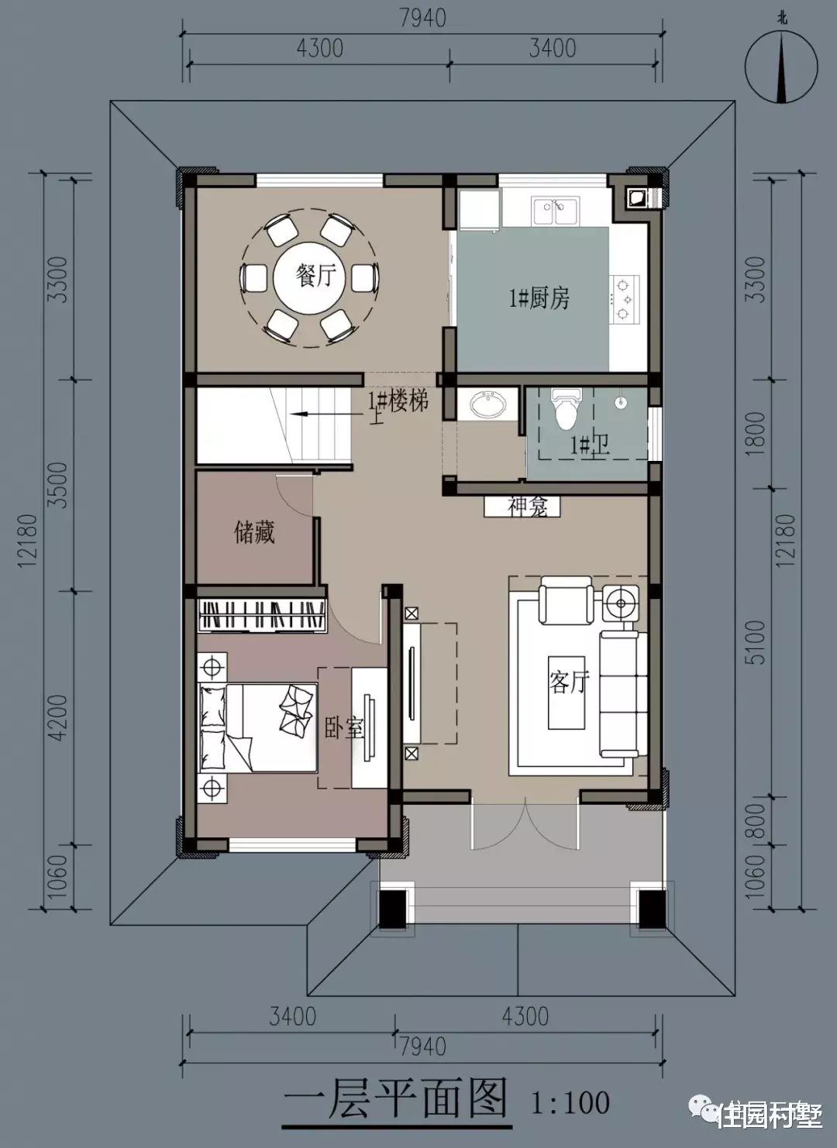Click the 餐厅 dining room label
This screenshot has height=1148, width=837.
tap(315, 276)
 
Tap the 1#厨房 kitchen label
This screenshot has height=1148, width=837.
tap(539, 298)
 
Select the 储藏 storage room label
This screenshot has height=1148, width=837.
tap(254, 533)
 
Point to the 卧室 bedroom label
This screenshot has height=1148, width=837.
tap(343, 728)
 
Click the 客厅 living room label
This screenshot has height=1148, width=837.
tap(570, 681)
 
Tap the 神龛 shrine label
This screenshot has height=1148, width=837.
tap(528, 507)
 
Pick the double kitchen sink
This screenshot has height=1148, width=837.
tap(555, 210)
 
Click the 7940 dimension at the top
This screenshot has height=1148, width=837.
tap(422, 17)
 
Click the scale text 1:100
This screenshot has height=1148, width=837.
tap(570, 1102)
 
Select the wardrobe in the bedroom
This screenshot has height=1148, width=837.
tap(261, 616)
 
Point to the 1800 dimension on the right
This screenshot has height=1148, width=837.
tap(757, 434)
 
